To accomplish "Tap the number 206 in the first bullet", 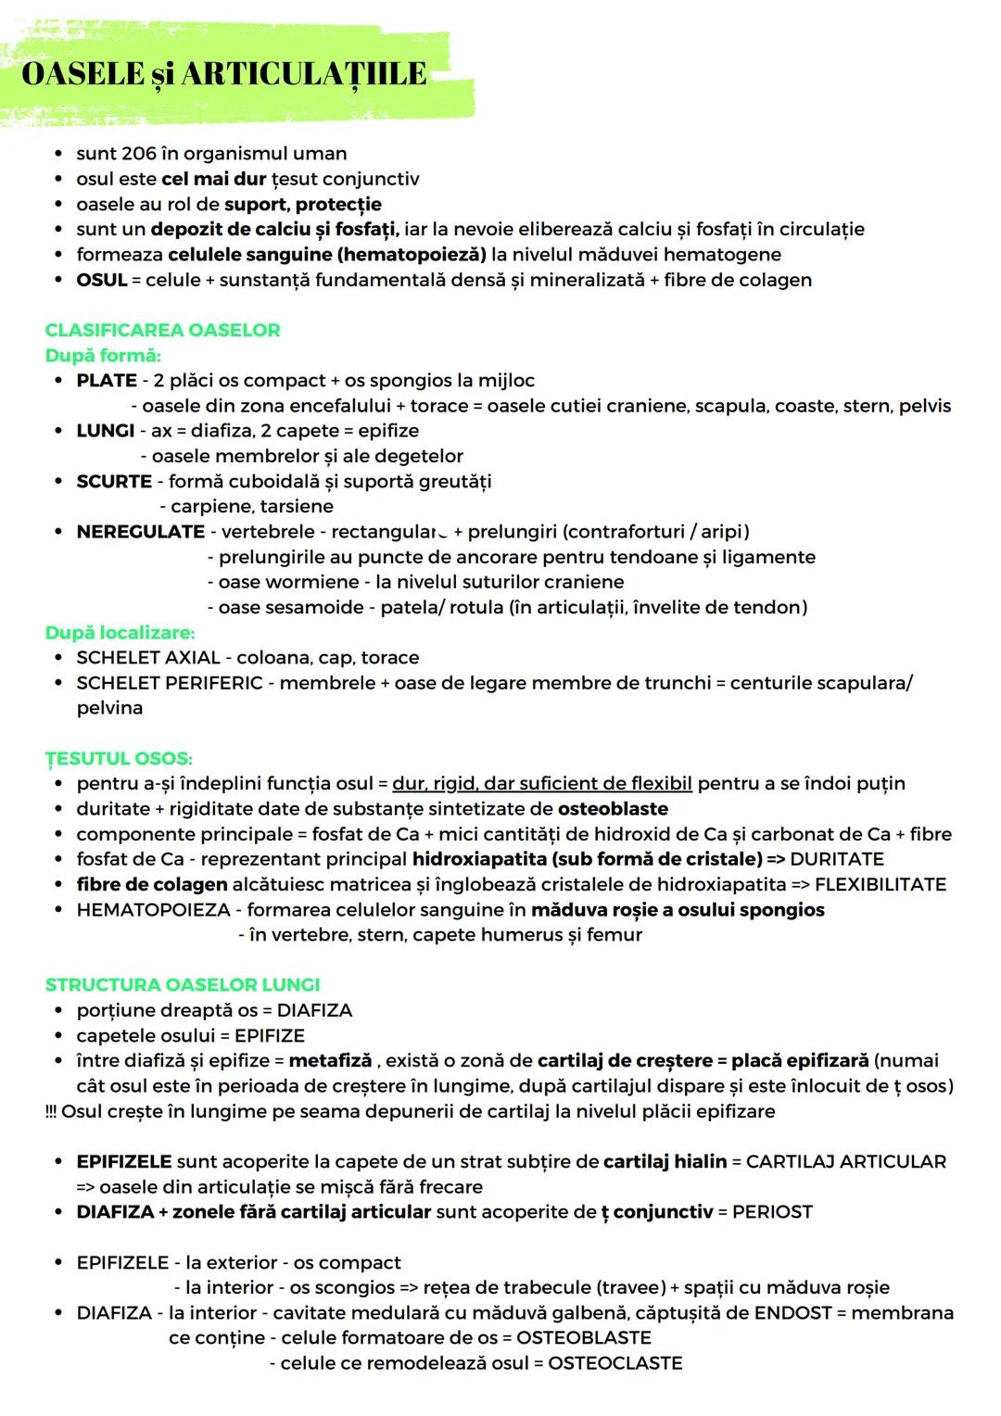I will (x=139, y=154).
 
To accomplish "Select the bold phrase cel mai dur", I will (x=213, y=179).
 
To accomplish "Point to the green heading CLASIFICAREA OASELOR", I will (x=162, y=331).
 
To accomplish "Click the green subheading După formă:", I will (x=103, y=356).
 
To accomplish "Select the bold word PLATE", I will (x=107, y=381).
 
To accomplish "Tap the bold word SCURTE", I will (x=114, y=482).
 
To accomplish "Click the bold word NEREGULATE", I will (x=140, y=532).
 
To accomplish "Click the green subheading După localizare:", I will (x=120, y=633).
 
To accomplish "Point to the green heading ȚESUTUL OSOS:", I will (x=119, y=759).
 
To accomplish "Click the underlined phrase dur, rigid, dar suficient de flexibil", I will (x=542, y=784).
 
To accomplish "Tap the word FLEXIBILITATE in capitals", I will (x=881, y=885).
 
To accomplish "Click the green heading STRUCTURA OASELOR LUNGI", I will (x=182, y=985).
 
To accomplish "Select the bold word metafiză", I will (x=330, y=1061).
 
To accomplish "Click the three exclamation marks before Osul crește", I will (x=50, y=1112).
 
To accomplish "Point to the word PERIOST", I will (x=772, y=1212).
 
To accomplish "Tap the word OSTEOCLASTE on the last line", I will (x=615, y=1364).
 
